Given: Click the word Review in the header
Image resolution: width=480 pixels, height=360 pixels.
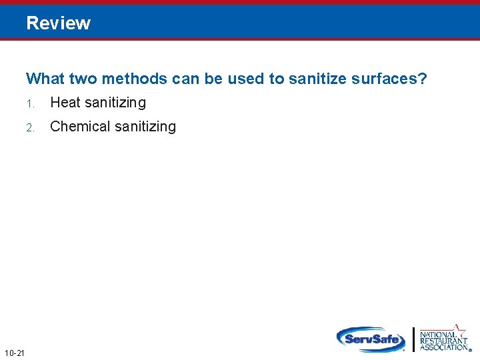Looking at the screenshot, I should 59,23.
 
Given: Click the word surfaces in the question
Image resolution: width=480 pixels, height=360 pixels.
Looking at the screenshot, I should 383,79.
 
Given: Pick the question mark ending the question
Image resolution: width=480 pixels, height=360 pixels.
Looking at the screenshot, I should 423,79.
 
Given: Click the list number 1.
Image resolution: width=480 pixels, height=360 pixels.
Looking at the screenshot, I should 30,103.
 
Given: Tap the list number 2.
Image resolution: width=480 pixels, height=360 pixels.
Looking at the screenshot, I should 30,127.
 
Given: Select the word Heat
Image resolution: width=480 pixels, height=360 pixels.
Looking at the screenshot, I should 65,103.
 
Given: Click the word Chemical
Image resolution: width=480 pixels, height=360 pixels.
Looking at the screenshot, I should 79,127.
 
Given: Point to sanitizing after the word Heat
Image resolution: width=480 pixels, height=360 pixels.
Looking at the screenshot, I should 115,103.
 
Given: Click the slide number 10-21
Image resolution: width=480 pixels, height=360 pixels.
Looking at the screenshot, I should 14,352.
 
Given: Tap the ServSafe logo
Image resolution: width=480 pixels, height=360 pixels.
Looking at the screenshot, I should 371,339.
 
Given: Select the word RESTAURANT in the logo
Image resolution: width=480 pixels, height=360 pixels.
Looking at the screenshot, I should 443,340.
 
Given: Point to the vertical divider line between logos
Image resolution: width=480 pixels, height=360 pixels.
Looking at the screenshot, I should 414,339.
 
